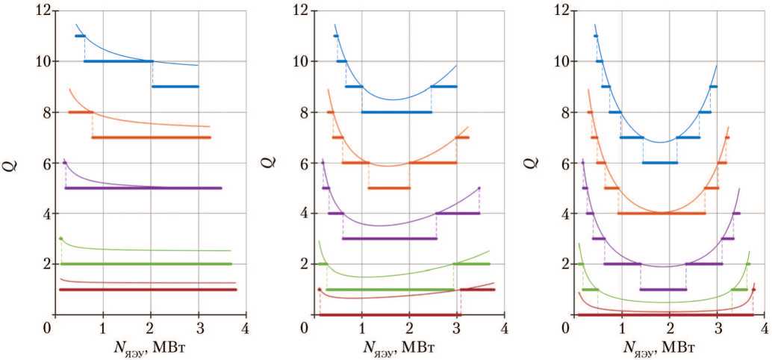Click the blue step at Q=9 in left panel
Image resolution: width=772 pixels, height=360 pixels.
pos(175,87)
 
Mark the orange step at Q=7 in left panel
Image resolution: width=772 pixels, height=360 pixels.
pos(151,137)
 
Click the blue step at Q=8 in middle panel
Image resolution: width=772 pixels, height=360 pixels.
pos(396,112)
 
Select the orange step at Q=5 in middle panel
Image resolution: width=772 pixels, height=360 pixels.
pos(389,188)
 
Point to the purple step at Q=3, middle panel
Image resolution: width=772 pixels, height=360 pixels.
pos(390,238)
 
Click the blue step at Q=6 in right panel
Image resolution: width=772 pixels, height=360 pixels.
pos(660,163)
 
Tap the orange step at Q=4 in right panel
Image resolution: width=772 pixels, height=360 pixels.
pos(662,214)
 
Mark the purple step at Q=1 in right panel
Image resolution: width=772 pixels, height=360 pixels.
pos(663,289)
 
